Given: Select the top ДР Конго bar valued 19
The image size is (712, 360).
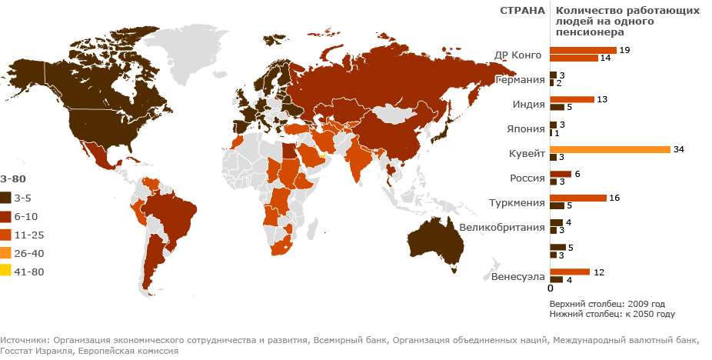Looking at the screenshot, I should tap(583, 50).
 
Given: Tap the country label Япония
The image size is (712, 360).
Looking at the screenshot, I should tap(525, 129).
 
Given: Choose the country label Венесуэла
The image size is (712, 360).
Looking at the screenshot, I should tap(518, 276).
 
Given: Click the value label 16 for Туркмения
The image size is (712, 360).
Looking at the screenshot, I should tap(614, 198).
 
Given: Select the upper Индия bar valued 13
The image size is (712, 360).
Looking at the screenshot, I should tap(571, 99).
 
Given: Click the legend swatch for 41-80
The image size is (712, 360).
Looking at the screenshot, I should tap(5, 269).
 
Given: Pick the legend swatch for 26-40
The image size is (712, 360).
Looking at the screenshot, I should tap(5, 252).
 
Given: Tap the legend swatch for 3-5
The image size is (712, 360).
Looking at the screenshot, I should tap(5, 198).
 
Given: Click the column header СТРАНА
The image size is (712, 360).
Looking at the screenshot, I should tap(522, 11).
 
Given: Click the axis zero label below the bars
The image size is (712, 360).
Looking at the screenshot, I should tap(551, 288).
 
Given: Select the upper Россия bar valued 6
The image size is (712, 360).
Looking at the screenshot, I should tap(561, 174).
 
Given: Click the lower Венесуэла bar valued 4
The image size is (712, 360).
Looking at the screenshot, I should tap(556, 280).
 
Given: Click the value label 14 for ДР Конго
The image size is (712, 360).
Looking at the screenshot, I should tap(606, 58).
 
